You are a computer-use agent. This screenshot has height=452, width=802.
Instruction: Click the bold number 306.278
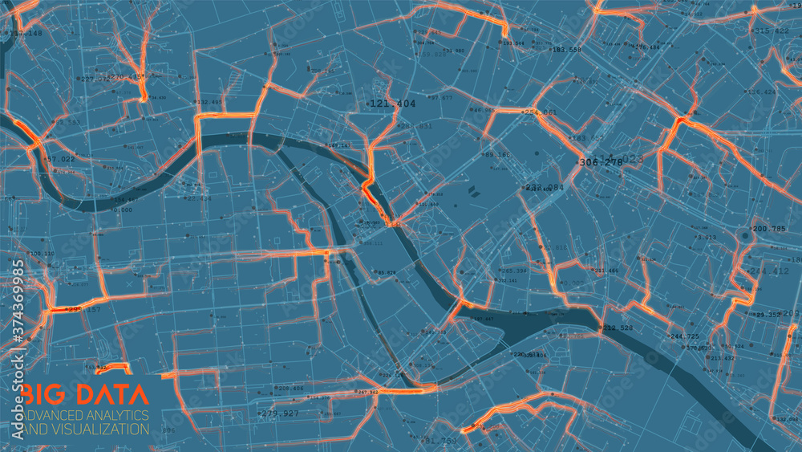click(x=600, y=162)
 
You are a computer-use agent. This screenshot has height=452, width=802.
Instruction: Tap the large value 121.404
click(x=393, y=104)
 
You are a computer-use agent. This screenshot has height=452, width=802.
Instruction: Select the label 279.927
click(x=280, y=413)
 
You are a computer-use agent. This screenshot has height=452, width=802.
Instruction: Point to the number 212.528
click(x=618, y=328)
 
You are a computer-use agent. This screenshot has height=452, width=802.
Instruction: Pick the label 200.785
click(x=769, y=229)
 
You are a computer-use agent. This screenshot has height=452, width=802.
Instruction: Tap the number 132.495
click(x=210, y=102)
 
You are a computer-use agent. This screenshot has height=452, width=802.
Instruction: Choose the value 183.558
click(x=566, y=50)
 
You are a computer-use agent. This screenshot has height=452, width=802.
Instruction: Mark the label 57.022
click(x=60, y=159)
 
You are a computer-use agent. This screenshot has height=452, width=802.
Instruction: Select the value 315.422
click(x=773, y=31)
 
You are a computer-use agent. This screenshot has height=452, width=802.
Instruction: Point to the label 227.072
click(x=95, y=79)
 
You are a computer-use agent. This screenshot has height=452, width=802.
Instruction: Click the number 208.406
click(x=290, y=388)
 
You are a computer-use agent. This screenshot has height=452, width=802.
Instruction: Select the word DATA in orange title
click(x=110, y=394)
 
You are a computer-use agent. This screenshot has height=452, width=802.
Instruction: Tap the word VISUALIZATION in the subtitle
click(x=102, y=429)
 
